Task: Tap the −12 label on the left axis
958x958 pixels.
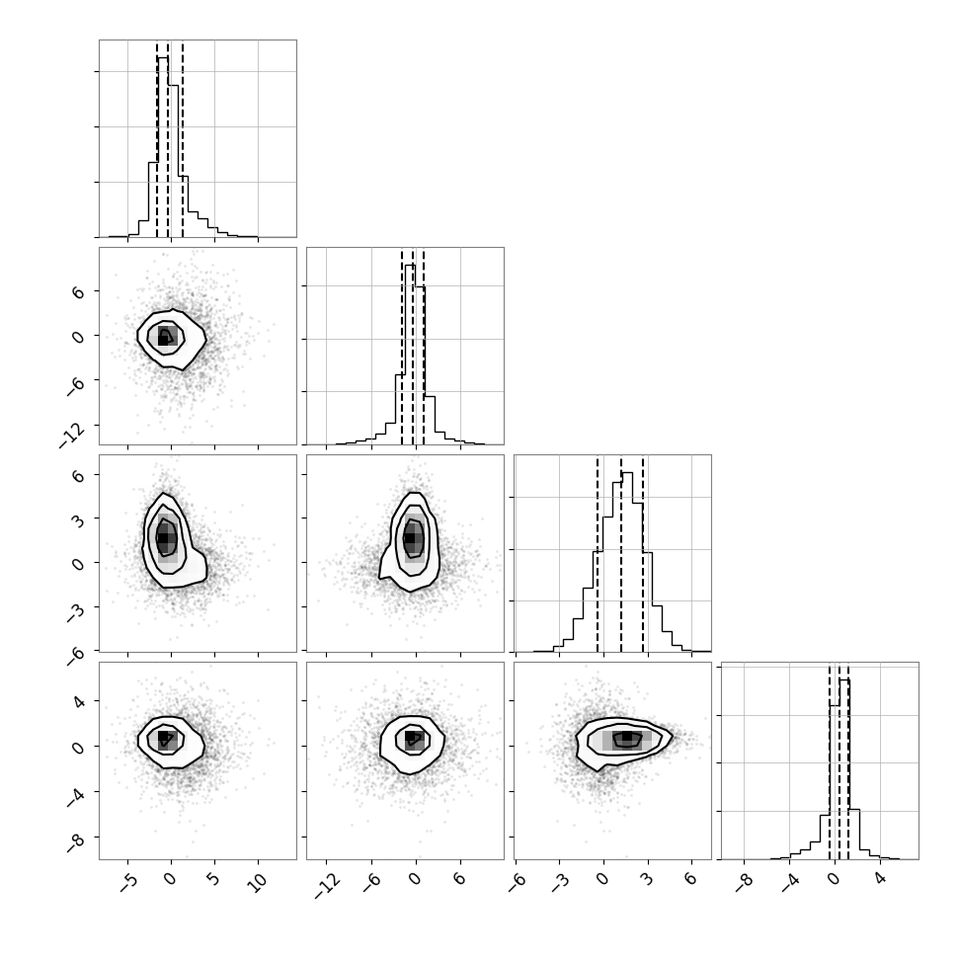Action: point(72,435)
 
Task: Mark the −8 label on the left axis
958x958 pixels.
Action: point(76,841)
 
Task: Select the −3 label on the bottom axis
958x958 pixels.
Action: point(559,882)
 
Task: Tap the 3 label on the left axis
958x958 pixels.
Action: point(78,519)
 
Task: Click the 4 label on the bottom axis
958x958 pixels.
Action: point(880,879)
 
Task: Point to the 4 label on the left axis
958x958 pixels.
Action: point(78,700)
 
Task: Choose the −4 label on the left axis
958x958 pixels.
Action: point(76,797)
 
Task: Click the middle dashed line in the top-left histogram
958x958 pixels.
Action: point(168,139)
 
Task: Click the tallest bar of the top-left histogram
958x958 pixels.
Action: point(163,146)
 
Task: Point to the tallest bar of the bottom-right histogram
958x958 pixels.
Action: point(844,769)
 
